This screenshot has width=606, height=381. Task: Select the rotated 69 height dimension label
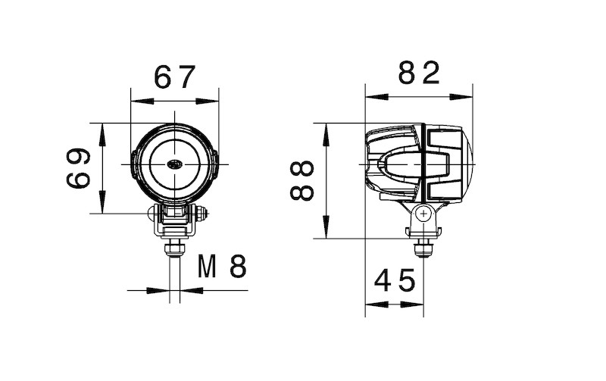[79, 168]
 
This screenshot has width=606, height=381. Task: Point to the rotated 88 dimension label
[302, 180]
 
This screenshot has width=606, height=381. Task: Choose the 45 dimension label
[395, 281]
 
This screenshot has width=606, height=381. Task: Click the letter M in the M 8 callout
[210, 266]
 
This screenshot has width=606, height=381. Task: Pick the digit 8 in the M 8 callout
[238, 266]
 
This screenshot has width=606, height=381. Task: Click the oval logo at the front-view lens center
[175, 164]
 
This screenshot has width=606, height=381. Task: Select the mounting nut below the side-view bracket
[423, 245]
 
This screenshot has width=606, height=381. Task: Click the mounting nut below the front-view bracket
[175, 248]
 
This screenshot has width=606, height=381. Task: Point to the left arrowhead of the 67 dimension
[136, 100]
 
